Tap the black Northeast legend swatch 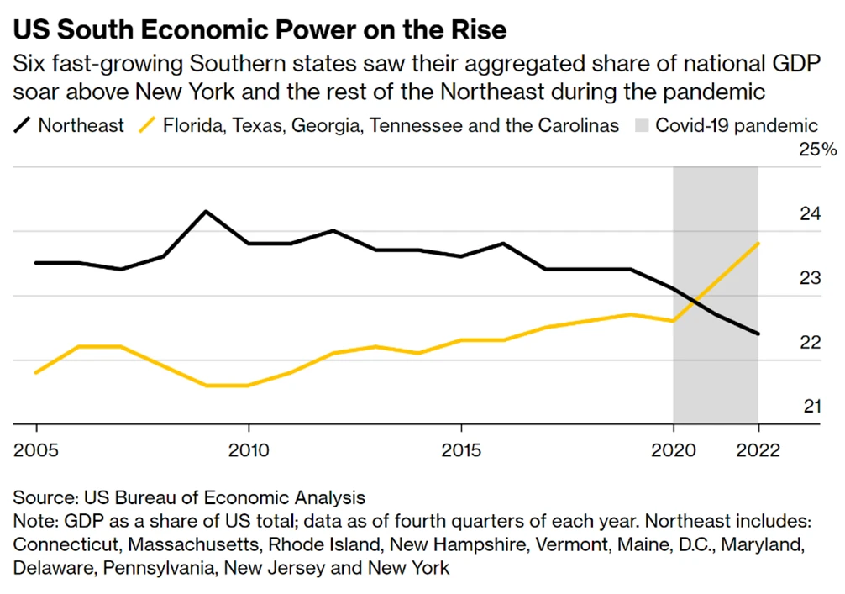pyautogui.click(x=23, y=126)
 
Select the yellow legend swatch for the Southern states pyautogui.click(x=148, y=126)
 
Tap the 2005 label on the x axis pyautogui.click(x=34, y=450)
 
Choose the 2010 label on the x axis pyautogui.click(x=249, y=450)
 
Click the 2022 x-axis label pyautogui.click(x=758, y=450)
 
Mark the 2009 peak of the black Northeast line pyautogui.click(x=206, y=211)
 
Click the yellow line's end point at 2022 pyautogui.click(x=758, y=244)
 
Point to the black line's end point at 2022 pyautogui.click(x=758, y=334)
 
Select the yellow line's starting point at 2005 pyautogui.click(x=34, y=372)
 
